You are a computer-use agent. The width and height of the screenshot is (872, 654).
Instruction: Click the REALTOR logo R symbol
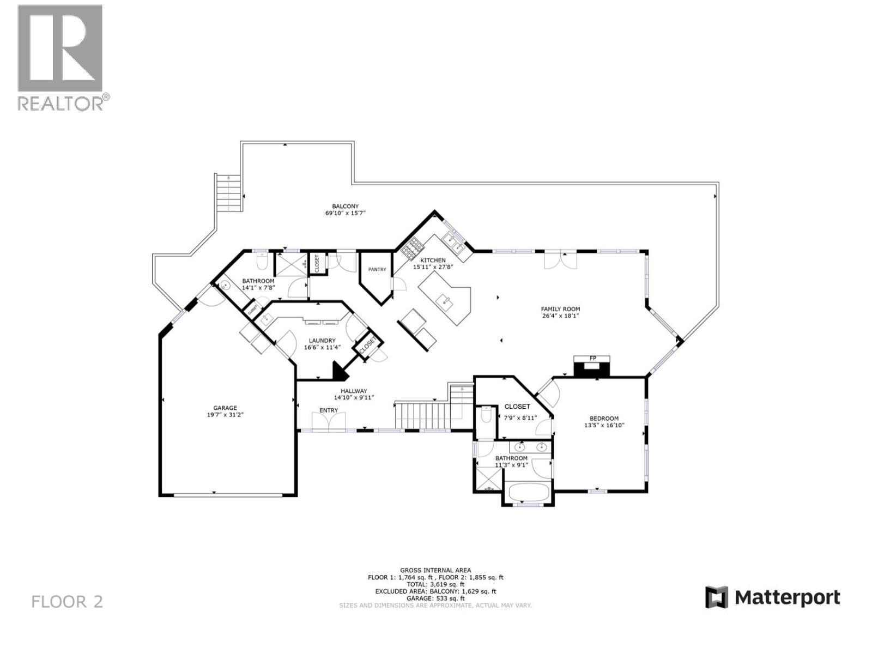tap(60, 48)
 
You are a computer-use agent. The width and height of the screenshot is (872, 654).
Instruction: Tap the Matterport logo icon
tap(716, 597)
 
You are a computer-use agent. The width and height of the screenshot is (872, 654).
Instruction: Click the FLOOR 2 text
tap(67, 602)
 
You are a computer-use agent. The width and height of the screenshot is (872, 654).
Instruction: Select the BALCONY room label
tap(345, 207)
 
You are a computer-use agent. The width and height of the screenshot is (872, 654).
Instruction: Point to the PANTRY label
tap(377, 269)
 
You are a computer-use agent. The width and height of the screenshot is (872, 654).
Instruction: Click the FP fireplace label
tap(592, 358)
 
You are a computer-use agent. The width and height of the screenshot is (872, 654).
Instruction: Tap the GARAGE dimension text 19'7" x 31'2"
tap(225, 415)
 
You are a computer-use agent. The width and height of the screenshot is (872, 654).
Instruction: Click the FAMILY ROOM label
tap(560, 309)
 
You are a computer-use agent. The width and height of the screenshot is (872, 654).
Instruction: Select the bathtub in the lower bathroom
tap(528, 492)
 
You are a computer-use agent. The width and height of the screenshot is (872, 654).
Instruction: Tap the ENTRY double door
tap(329, 421)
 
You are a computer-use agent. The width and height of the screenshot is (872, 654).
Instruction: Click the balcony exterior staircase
tap(228, 193)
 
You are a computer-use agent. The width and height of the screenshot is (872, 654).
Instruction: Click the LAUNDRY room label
tap(322, 341)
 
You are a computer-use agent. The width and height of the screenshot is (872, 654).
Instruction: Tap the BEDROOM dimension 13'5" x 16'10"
tap(604, 425)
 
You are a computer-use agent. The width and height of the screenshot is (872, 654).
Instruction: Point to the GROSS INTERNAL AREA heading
tap(435, 570)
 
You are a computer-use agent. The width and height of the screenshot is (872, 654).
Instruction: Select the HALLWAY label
tap(354, 391)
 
